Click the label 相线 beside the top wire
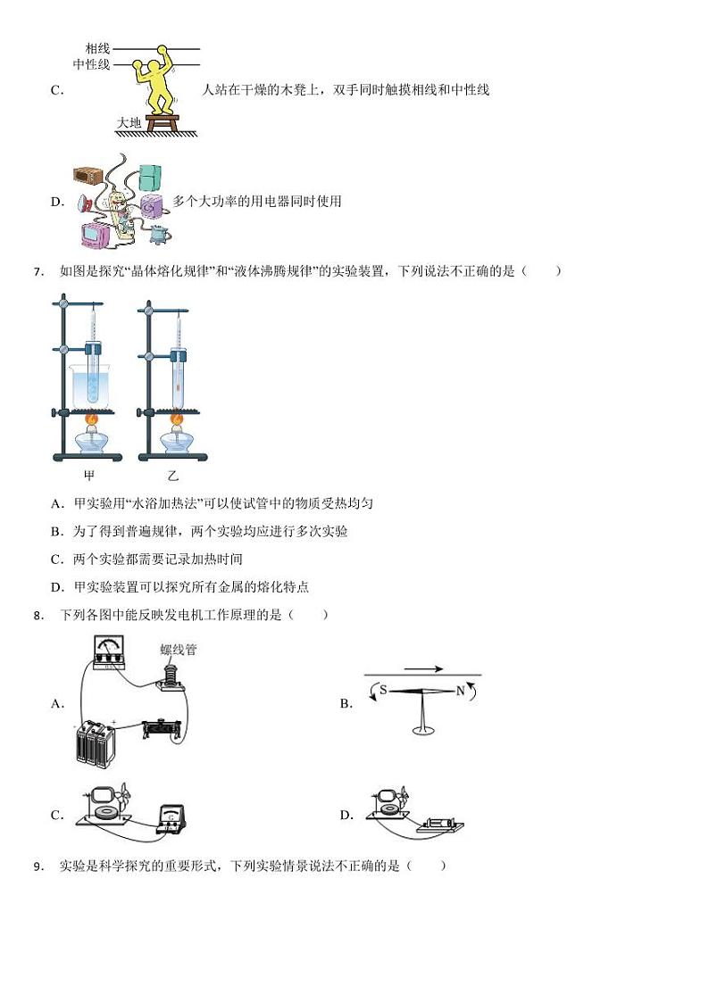click(x=97, y=49)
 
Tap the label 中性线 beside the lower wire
click(x=92, y=64)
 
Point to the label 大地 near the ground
click(x=129, y=121)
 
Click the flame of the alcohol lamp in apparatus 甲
click(x=90, y=419)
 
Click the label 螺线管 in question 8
click(x=179, y=650)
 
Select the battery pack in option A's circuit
click(x=96, y=743)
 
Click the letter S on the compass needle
click(x=383, y=690)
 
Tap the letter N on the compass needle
click(x=461, y=690)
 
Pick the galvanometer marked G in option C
click(x=171, y=817)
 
